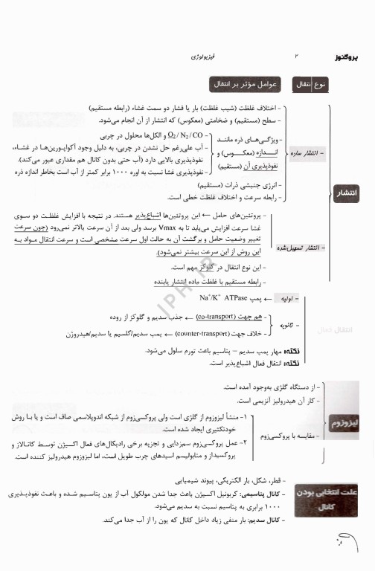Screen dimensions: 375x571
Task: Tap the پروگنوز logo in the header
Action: pos(341,57)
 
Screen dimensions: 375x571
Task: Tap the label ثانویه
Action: pos(286,325)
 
